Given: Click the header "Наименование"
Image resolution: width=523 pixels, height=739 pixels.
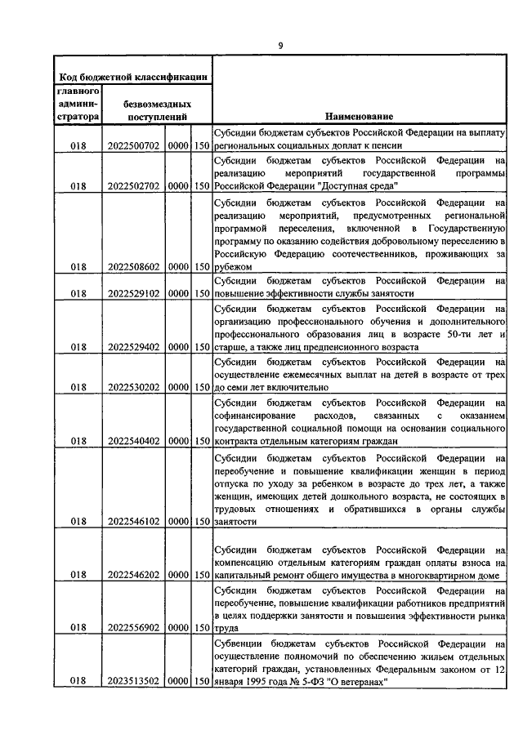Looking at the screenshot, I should pyautogui.click(x=358, y=118).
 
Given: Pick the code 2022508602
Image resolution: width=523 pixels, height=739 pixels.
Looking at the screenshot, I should pyautogui.click(x=134, y=265).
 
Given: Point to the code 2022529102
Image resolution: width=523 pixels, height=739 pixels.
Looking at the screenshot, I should pyautogui.click(x=134, y=293).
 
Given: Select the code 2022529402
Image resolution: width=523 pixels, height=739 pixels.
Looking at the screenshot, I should pyautogui.click(x=134, y=347).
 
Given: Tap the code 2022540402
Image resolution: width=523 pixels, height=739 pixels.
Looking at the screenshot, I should pyautogui.click(x=134, y=441).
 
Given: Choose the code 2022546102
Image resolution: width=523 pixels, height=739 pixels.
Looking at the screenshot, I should pyautogui.click(x=134, y=521).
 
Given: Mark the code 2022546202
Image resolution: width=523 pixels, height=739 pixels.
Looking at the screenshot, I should pyautogui.click(x=134, y=575).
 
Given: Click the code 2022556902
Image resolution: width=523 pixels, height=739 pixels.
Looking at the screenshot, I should pyautogui.click(x=134, y=628).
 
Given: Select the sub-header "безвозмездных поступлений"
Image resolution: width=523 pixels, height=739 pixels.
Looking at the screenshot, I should pyautogui.click(x=158, y=111).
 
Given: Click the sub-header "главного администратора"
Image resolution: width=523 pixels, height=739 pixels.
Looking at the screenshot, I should pyautogui.click(x=78, y=104).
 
